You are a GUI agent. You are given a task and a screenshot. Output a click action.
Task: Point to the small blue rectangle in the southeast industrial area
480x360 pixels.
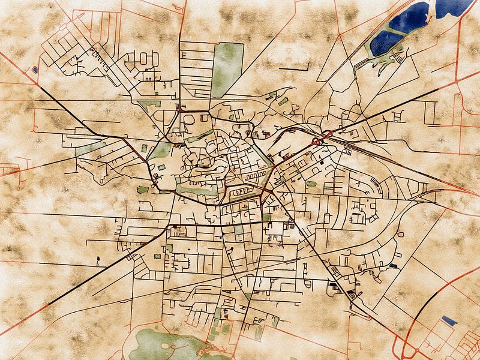point(449,320)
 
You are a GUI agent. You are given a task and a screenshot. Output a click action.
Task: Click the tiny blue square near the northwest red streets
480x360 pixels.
point(35,70)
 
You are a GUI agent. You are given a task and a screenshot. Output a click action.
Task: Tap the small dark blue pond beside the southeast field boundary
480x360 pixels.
point(393,265)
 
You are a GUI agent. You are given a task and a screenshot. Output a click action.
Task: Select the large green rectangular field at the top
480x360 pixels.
point(227,69)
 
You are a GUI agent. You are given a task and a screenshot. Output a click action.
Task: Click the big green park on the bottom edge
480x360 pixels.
point(162,345)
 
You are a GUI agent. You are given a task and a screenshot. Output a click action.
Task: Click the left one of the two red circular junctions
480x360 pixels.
point(316,142)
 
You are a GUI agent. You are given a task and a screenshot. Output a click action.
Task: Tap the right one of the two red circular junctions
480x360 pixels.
point(328,133)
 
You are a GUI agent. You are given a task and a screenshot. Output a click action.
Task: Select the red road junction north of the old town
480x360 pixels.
point(180,110)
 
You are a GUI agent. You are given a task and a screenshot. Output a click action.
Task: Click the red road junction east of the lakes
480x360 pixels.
point(457,78)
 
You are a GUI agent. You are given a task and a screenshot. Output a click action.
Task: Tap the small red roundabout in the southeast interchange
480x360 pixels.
point(409,351)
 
